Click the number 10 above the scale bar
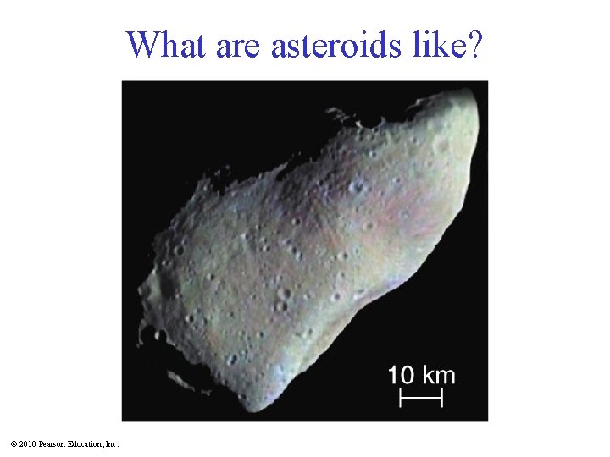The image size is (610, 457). pyautogui.click(x=402, y=375)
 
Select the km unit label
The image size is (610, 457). pyautogui.click(x=437, y=375)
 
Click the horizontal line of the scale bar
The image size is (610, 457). pyautogui.click(x=421, y=396)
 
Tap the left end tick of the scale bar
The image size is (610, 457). pyautogui.click(x=401, y=396)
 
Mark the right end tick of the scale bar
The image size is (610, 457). pyautogui.click(x=442, y=396)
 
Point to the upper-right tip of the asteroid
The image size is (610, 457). pyautogui.click(x=474, y=93)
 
